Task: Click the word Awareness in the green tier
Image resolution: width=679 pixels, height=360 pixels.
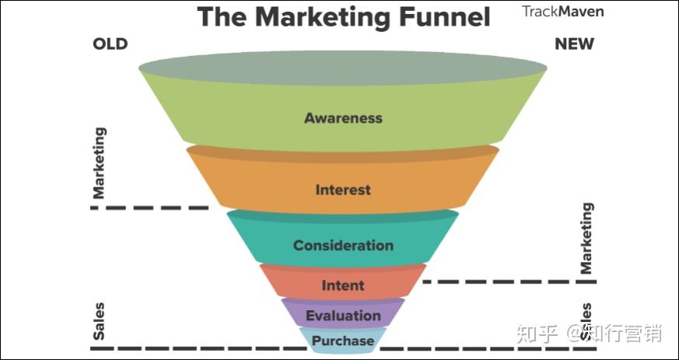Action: click(343, 117)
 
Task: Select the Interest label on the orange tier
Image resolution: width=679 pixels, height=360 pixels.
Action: click(343, 190)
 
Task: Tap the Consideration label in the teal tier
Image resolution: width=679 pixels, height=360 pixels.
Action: click(343, 246)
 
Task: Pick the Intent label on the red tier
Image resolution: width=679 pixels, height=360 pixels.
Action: click(343, 285)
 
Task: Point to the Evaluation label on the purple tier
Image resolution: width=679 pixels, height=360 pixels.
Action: click(343, 316)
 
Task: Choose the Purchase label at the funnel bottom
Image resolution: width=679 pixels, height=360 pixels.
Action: click(343, 341)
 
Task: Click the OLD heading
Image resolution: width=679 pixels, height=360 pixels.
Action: click(110, 44)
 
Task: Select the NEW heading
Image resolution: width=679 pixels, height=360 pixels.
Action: click(574, 44)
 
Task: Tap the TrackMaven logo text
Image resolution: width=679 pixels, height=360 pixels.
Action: click(562, 11)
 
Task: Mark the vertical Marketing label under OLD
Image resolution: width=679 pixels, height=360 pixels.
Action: click(99, 163)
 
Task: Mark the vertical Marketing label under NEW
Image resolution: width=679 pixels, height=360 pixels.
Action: click(586, 238)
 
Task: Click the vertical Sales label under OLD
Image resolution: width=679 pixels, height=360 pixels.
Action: click(99, 321)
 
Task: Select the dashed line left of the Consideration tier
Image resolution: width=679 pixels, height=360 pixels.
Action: click(149, 208)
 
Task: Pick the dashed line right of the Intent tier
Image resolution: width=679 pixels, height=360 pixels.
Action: click(509, 281)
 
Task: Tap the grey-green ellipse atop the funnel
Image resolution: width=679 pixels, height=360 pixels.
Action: click(343, 68)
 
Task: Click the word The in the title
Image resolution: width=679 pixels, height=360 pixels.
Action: click(223, 16)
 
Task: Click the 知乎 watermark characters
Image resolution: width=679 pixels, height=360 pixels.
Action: click(537, 334)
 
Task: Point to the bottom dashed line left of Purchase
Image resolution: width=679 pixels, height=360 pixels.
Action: click(201, 348)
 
